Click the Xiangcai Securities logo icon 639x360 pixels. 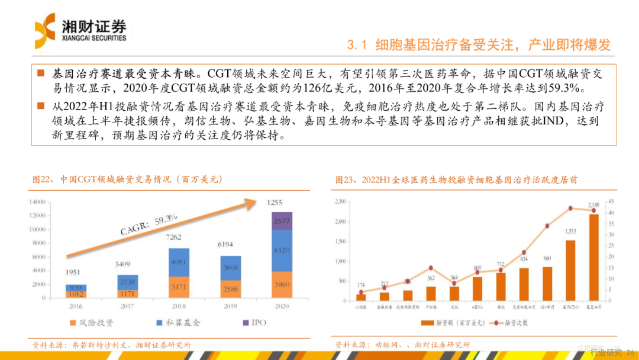click(x=46, y=30)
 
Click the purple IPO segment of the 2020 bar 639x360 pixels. click(x=282, y=220)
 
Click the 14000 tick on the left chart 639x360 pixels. click(x=39, y=201)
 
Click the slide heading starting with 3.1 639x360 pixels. click(x=478, y=45)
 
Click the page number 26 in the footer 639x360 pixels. click(x=630, y=352)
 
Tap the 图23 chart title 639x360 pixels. click(x=456, y=179)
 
